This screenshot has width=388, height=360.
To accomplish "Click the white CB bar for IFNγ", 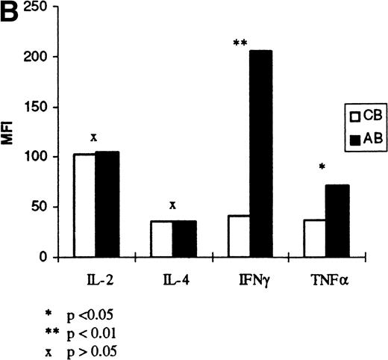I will [239, 237].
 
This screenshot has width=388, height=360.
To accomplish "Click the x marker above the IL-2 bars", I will [94, 137].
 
